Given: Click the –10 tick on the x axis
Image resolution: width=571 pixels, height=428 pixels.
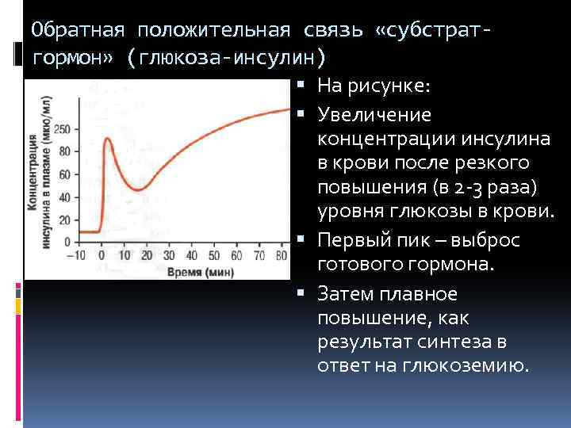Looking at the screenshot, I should (x=76, y=255).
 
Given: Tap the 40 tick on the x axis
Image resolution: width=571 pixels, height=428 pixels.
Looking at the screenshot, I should (x=192, y=255).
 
